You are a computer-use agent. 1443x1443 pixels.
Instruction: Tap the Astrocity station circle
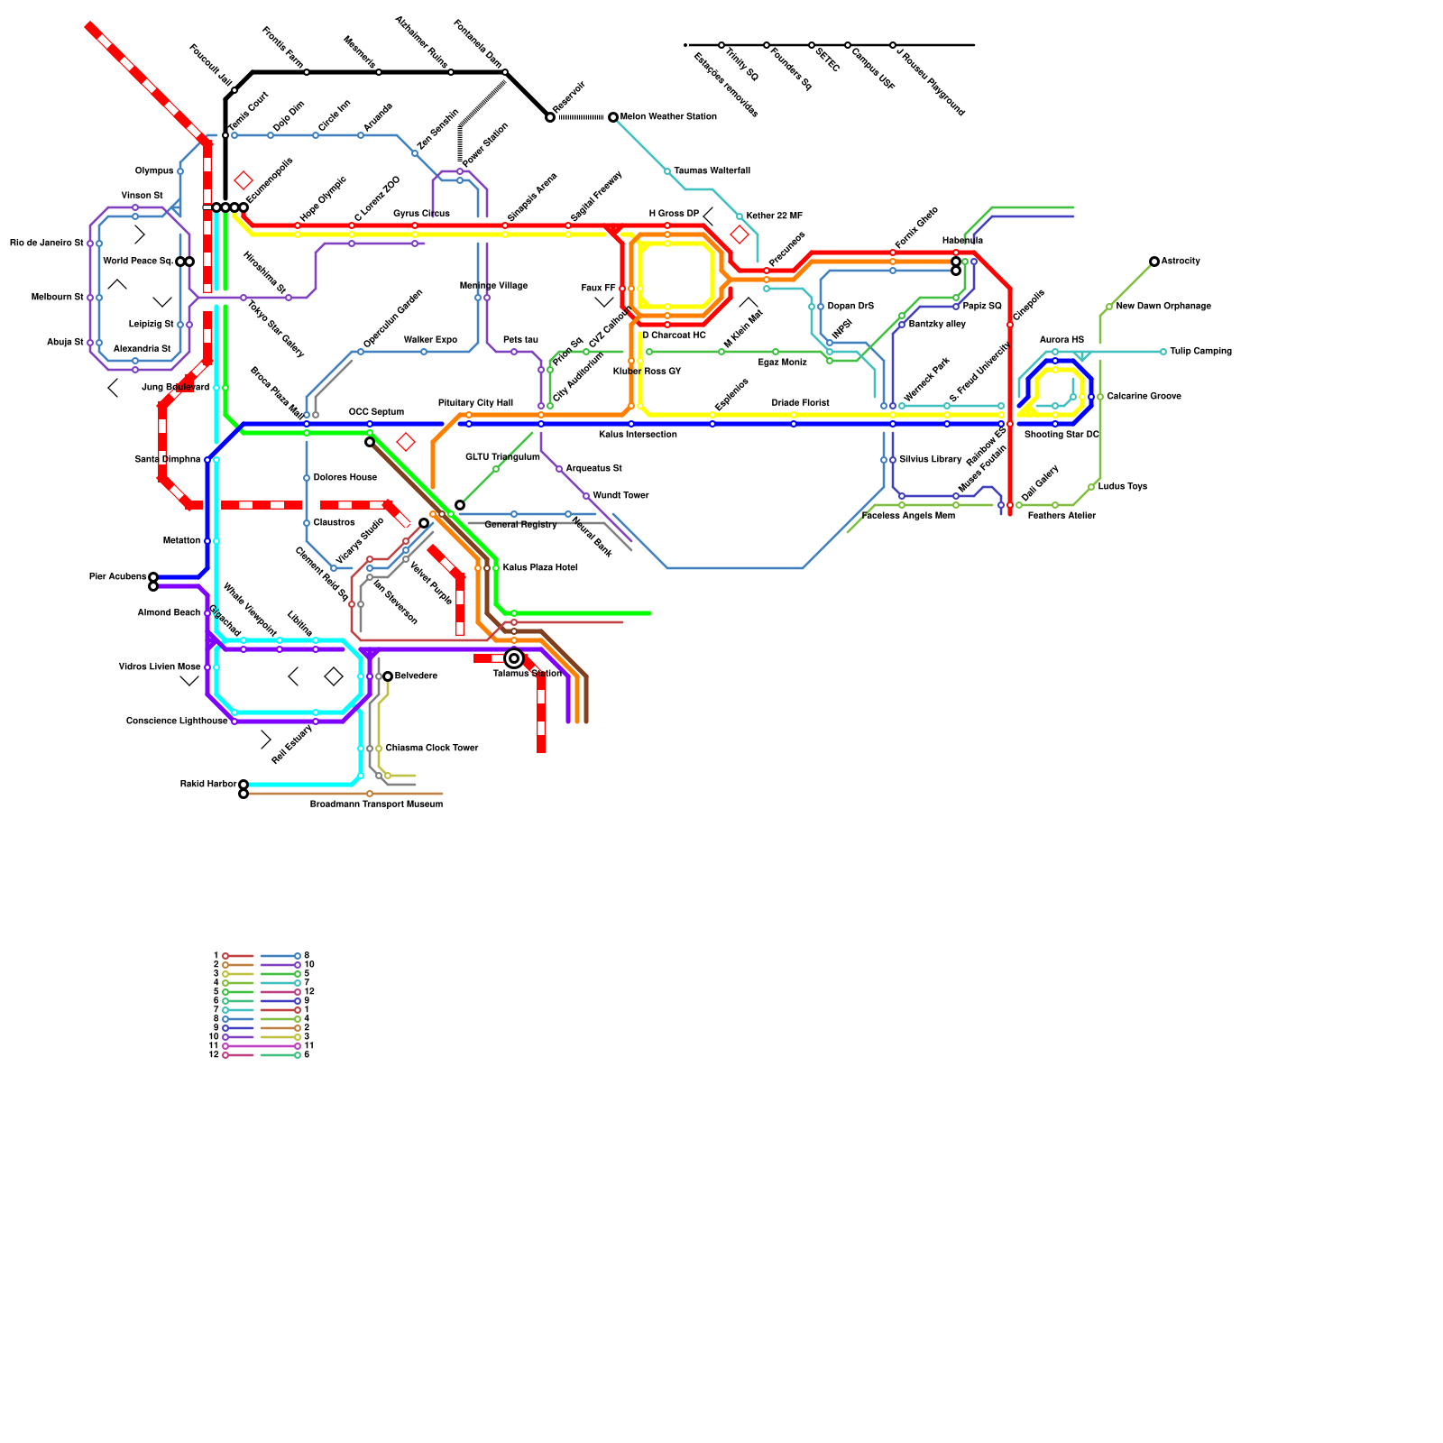pos(1154,262)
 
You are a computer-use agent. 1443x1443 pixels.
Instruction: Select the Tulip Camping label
pos(1200,352)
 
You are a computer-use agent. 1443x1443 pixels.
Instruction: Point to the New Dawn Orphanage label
pos(1163,307)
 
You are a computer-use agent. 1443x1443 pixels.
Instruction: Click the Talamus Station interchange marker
pos(514,658)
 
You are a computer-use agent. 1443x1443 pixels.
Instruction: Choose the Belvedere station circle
pos(388,676)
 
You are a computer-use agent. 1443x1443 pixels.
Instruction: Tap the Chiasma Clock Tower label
pos(432,749)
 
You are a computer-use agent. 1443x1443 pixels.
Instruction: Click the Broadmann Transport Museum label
pos(376,804)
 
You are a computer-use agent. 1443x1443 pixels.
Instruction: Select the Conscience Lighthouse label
pos(177,721)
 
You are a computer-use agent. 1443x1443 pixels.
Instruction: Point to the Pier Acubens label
pos(117,577)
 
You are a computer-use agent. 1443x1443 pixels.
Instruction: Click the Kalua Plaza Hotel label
pos(540,568)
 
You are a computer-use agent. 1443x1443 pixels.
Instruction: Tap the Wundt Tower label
pos(620,496)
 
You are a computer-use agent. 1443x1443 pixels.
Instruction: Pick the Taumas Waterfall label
pos(712,171)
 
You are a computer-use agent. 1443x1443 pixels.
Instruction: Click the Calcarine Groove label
pos(1144,397)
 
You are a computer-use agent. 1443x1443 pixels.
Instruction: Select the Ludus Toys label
pos(1122,487)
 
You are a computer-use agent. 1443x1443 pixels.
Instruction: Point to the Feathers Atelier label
pos(1062,516)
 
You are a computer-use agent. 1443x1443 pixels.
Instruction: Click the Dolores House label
pos(345,478)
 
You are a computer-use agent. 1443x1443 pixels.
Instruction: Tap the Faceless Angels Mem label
pos(908,516)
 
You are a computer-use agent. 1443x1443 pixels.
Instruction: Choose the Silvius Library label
pos(930,460)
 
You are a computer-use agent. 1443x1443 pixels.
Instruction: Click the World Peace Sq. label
pos(138,262)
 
